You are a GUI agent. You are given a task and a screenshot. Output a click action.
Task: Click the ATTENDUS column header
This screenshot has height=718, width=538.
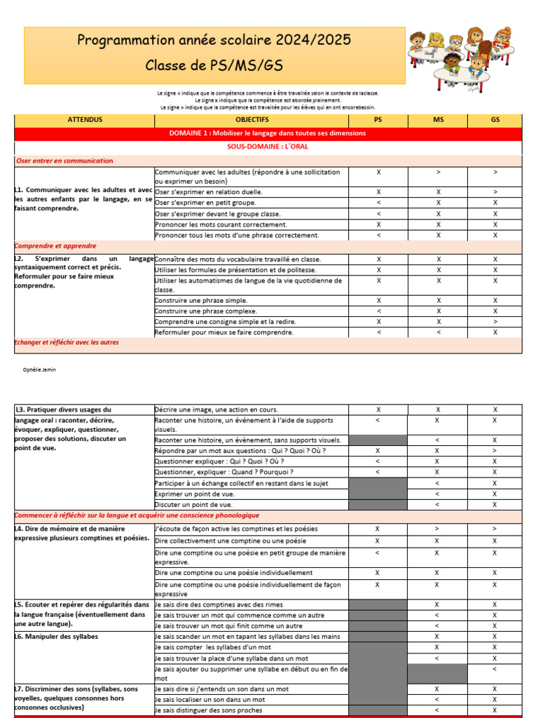[85, 120]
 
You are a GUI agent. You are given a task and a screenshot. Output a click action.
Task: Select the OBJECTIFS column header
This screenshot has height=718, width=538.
[251, 120]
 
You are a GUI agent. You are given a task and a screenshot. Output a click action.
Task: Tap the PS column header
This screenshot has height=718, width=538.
[378, 120]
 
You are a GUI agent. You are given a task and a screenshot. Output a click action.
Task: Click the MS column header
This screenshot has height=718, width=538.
[439, 120]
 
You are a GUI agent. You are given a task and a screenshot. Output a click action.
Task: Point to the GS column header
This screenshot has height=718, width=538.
[495, 120]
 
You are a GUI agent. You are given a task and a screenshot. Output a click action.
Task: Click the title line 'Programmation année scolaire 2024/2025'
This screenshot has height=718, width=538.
[214, 41]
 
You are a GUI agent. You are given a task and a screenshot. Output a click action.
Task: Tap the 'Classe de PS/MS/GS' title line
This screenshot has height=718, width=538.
[214, 66]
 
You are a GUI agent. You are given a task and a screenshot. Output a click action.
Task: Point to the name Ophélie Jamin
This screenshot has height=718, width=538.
[40, 370]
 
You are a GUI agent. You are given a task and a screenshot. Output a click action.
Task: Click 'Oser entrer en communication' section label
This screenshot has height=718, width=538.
[64, 161]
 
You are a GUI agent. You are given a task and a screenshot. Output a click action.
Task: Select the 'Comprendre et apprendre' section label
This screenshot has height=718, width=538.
[56, 246]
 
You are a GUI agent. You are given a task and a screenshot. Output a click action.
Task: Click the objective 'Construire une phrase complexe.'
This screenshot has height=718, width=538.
[206, 311]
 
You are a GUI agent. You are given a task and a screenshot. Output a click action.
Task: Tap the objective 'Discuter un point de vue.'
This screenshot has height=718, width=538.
[194, 504]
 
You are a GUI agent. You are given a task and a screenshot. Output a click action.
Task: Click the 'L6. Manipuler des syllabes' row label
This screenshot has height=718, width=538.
[57, 636]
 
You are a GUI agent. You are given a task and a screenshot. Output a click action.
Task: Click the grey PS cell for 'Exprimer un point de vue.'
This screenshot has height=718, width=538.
[378, 494]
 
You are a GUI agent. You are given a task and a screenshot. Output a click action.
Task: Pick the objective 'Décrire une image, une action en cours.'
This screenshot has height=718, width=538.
[216, 409]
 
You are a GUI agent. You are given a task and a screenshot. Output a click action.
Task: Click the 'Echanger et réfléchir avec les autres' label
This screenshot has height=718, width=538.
[67, 342]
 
